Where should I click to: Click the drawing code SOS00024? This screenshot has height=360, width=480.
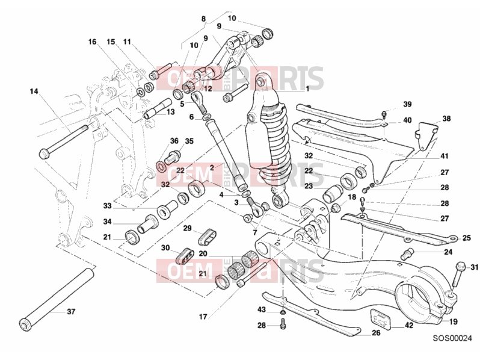(x=452, y=338)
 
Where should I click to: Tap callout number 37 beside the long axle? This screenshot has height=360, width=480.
(x=71, y=312)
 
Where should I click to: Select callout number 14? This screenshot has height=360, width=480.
(x=34, y=92)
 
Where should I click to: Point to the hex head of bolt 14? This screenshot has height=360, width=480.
(x=44, y=153)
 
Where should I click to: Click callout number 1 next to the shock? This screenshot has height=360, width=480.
(x=307, y=89)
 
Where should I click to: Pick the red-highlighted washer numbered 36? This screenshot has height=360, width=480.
(x=161, y=166)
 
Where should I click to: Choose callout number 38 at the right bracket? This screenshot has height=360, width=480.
(x=447, y=118)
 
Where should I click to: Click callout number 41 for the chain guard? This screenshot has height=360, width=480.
(x=444, y=156)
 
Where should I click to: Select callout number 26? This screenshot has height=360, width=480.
(x=376, y=333)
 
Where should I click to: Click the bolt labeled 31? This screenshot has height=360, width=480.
(x=457, y=273)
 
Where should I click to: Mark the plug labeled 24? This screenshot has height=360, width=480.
(x=407, y=253)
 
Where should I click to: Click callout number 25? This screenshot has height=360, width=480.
(x=467, y=238)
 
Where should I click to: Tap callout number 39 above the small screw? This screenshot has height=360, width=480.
(x=407, y=104)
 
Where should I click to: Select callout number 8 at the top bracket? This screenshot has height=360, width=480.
(x=203, y=19)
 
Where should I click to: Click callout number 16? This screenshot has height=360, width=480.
(x=92, y=42)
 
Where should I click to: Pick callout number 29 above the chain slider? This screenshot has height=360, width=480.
(x=187, y=228)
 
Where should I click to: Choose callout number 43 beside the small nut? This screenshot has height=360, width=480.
(x=262, y=310)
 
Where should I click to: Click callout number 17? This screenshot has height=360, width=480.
(x=203, y=317)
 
